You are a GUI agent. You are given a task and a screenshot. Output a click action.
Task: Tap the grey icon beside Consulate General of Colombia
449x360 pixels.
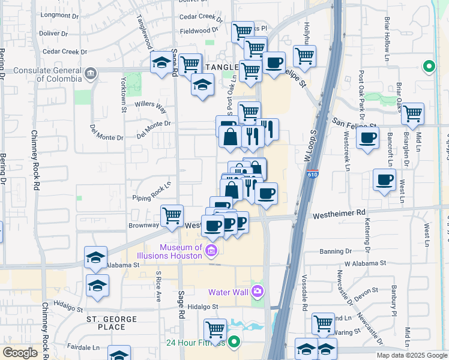(x=90, y=74)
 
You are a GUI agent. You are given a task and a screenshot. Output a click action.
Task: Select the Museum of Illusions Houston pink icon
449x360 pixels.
(x=211, y=251)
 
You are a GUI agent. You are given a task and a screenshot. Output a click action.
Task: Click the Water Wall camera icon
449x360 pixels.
(x=258, y=292)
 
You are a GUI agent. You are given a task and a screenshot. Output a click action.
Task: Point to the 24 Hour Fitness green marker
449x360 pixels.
(x=234, y=343)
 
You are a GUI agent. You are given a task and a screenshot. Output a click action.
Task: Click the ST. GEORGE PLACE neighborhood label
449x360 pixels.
(x=106, y=323)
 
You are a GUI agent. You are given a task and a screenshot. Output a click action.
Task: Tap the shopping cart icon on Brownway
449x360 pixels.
(x=172, y=215)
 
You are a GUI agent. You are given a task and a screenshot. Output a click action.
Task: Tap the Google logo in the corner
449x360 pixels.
(x=20, y=353)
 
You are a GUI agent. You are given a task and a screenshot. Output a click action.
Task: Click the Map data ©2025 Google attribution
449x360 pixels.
(x=411, y=355)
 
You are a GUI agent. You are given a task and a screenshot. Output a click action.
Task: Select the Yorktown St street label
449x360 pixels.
(x=124, y=98)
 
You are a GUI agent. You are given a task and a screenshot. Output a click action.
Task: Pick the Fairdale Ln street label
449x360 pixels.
(x=83, y=347)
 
